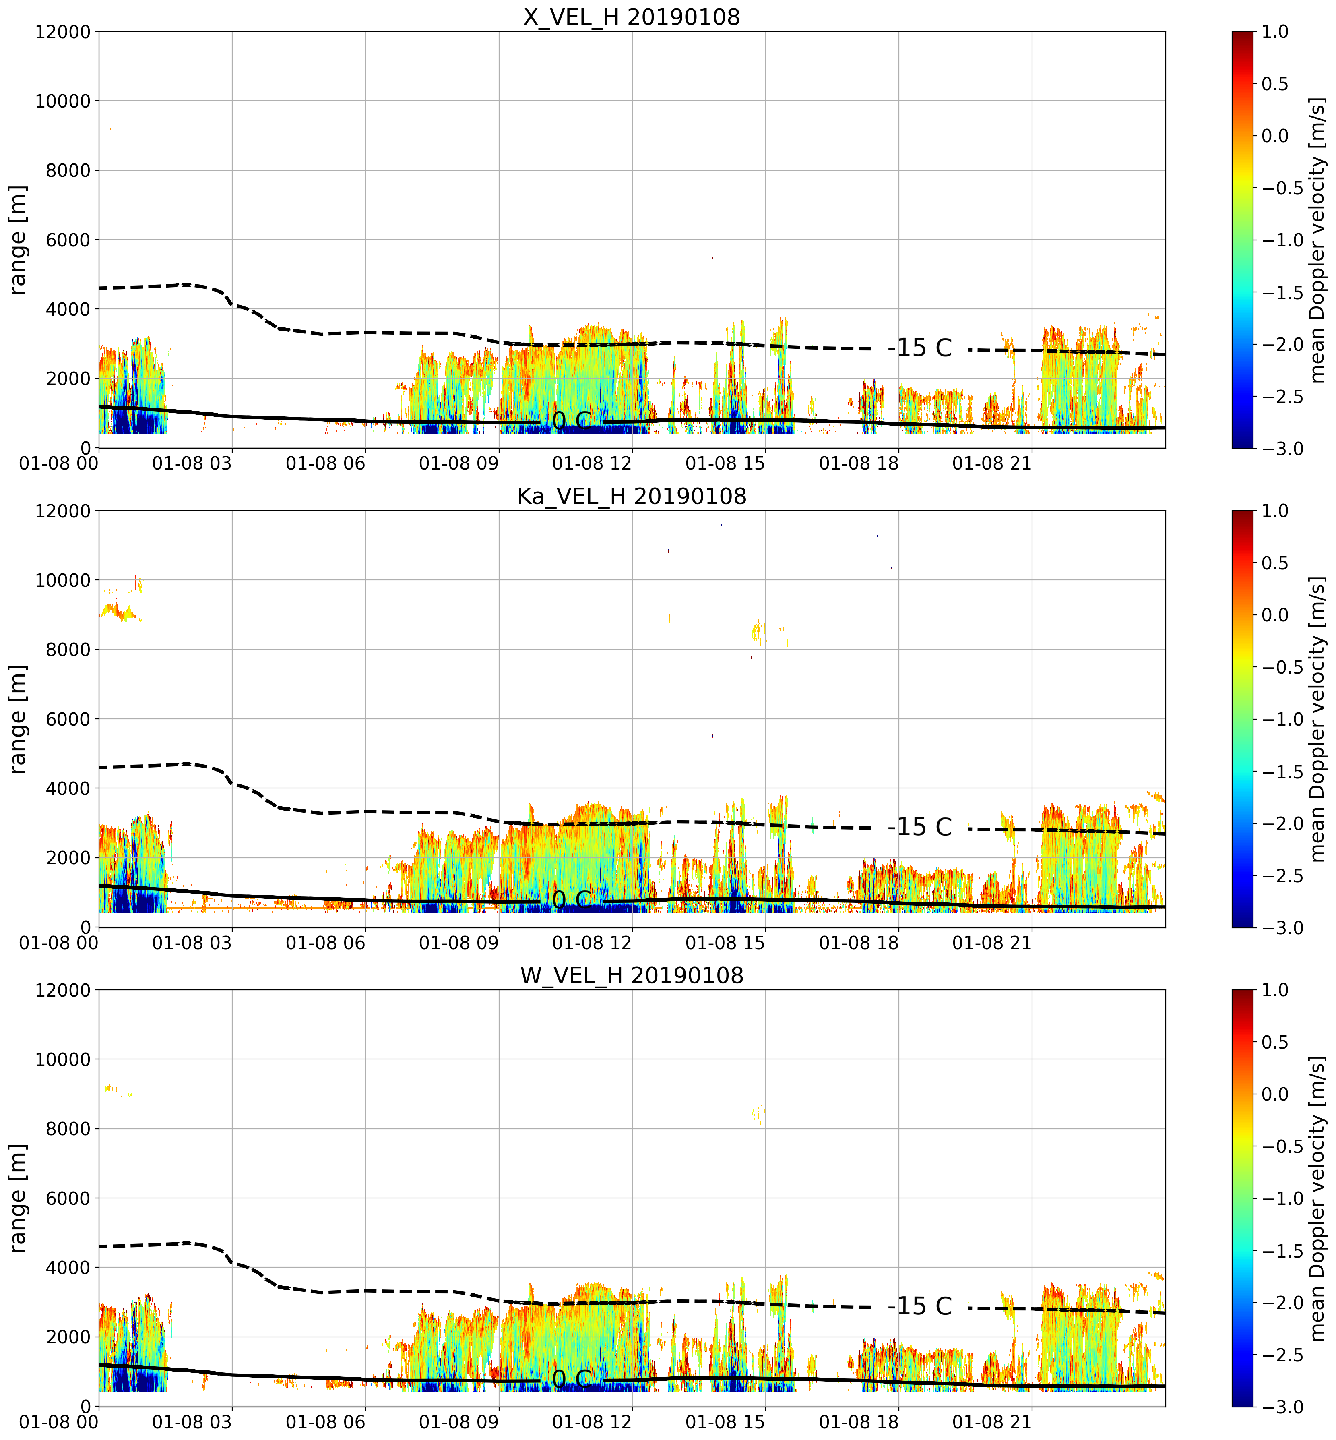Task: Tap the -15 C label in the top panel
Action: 920,348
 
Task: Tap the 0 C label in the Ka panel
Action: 571,900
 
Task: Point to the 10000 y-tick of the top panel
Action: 63,101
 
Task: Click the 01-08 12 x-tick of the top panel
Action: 592,463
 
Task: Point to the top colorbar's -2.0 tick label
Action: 1284,344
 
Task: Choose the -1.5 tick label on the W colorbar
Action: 1284,1251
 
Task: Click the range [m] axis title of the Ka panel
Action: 18,719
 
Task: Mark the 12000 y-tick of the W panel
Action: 63,990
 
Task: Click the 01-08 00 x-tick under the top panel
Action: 59,463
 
